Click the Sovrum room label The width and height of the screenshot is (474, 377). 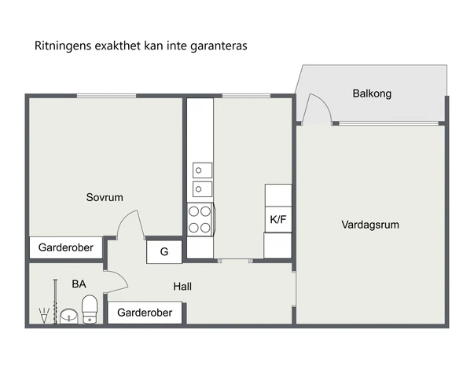(x=105, y=197)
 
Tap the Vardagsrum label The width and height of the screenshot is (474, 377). (x=370, y=225)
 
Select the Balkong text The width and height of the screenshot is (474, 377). (x=372, y=93)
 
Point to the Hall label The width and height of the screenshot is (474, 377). (x=182, y=287)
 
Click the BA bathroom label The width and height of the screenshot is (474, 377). (x=79, y=284)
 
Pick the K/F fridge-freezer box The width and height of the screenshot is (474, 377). (x=278, y=219)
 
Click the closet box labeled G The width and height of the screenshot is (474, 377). (x=164, y=251)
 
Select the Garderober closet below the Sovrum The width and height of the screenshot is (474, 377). (x=66, y=247)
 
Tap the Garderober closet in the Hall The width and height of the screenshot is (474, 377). (x=145, y=313)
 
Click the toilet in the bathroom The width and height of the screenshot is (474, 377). (x=90, y=309)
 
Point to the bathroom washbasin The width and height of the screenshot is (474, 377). (x=69, y=317)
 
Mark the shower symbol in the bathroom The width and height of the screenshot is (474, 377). (x=44, y=316)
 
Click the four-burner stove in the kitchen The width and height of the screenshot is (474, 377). (x=200, y=220)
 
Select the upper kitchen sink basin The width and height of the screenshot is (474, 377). (x=202, y=170)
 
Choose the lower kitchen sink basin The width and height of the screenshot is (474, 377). (x=202, y=189)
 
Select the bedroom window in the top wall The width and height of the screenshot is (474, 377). (x=106, y=96)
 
